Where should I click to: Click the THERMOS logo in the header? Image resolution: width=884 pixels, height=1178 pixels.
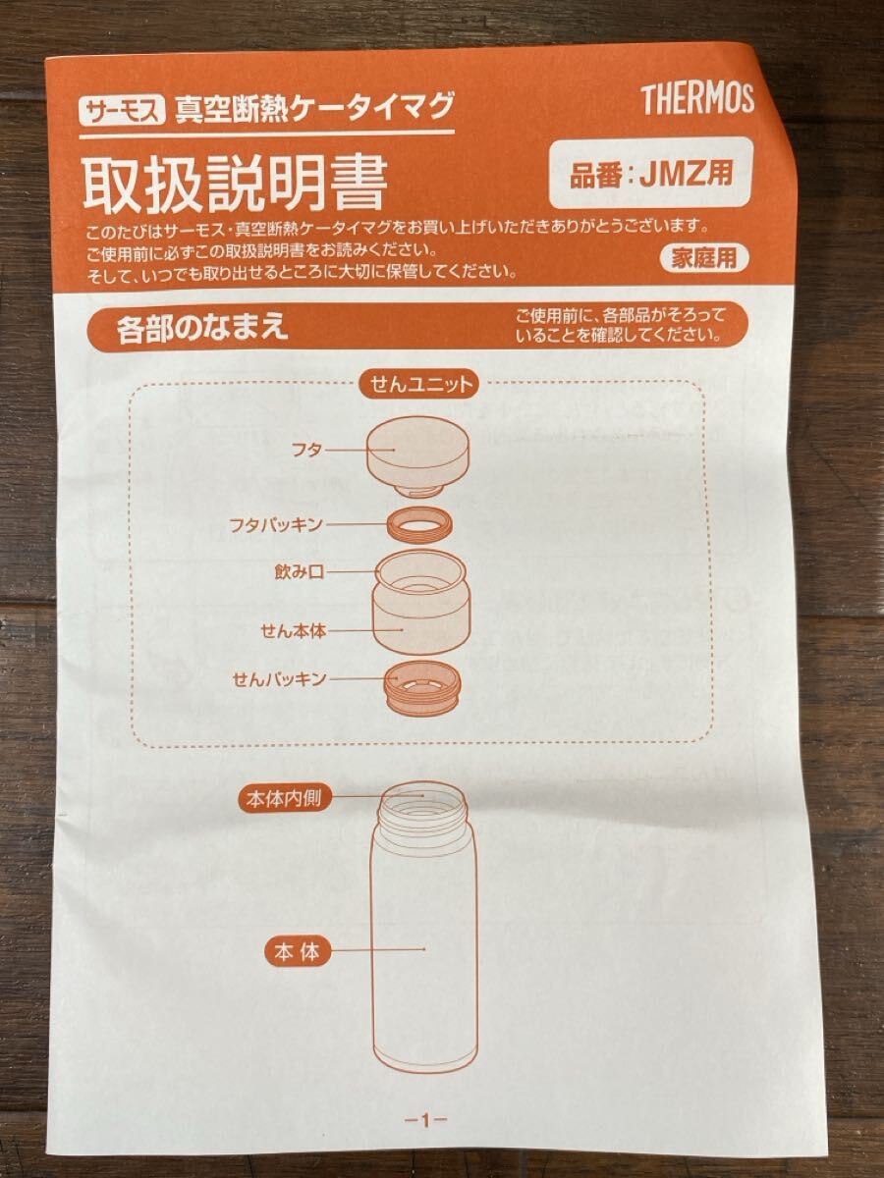[697, 99]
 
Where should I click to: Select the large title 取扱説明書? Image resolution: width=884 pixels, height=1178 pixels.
[235, 185]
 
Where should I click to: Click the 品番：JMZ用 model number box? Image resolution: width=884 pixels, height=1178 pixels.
[650, 173]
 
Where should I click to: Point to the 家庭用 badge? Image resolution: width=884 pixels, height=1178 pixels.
[703, 259]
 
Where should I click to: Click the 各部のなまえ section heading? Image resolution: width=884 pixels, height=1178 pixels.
[202, 327]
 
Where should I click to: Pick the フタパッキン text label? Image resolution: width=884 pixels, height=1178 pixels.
[275, 524]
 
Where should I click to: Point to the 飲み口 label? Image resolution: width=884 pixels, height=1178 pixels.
[299, 572]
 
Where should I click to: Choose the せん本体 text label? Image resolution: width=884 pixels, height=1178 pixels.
[293, 630]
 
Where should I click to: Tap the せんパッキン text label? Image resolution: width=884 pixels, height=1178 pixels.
[279, 679]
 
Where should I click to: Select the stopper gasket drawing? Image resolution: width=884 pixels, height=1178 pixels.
[422, 688]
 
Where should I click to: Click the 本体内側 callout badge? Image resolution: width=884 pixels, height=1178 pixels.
[284, 799]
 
